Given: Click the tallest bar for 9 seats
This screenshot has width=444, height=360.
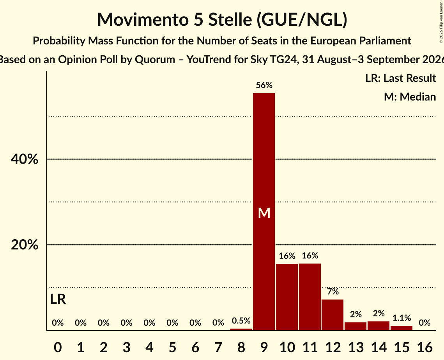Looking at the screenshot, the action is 264,212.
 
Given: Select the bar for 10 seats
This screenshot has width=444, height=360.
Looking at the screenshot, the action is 287,297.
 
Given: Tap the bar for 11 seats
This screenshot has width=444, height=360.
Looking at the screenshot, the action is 310,297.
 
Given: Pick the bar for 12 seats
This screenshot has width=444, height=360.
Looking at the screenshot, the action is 333,315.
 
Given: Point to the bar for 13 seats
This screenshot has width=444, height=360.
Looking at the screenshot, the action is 356,326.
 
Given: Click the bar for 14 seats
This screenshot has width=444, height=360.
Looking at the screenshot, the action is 379,326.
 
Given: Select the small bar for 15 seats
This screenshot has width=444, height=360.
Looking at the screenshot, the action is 402,328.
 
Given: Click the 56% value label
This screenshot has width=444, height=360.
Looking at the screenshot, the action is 264,85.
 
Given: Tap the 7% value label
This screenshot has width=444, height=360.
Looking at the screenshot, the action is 333,291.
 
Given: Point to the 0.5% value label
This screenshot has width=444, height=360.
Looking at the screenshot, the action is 241,321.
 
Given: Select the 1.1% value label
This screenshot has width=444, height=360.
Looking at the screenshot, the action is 402,318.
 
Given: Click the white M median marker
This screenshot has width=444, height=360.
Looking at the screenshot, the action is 264,213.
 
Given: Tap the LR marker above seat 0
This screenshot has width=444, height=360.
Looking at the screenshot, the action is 58,299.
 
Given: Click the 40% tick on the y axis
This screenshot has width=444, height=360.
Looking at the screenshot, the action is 24,159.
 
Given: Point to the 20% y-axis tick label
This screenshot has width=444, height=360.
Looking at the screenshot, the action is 24,245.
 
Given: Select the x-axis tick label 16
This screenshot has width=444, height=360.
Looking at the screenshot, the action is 425,347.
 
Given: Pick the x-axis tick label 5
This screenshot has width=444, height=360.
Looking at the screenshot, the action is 172,347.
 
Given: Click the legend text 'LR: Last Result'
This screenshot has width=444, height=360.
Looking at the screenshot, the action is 400,78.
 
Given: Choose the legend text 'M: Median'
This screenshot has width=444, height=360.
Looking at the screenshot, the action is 410,97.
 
